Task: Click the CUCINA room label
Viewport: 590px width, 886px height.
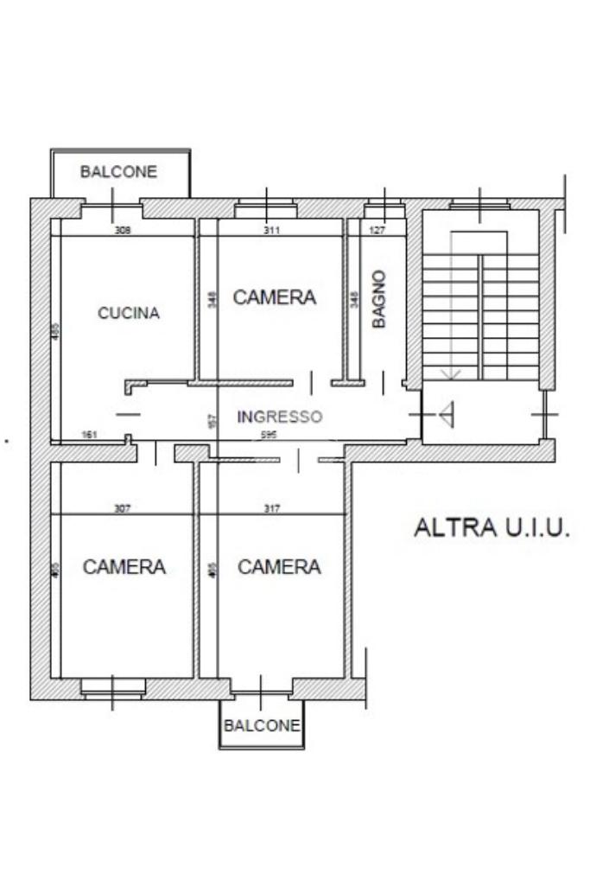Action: (128, 313)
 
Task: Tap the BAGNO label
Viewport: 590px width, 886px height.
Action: (378, 298)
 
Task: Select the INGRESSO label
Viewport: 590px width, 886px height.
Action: (279, 417)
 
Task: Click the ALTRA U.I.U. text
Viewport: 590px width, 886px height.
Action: (492, 528)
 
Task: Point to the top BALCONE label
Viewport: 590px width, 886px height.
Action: (118, 171)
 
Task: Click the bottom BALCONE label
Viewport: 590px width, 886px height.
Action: (262, 725)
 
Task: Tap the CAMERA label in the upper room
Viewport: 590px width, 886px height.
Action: (275, 297)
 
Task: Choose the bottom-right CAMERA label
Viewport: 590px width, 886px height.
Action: (279, 567)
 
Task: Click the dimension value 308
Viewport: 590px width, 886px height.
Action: (123, 231)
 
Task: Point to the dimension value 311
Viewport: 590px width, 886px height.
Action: (271, 231)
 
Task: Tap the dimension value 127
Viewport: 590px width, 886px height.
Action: (377, 231)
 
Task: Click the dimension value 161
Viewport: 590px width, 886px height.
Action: (89, 435)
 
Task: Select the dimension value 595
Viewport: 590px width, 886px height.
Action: (269, 435)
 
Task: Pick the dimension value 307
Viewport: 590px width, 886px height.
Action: (122, 509)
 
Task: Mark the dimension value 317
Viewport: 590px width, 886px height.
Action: (271, 509)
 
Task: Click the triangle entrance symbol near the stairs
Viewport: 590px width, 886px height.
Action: (447, 416)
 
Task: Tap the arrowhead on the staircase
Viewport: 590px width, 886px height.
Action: (449, 373)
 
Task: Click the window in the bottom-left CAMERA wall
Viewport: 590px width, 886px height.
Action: (112, 688)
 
